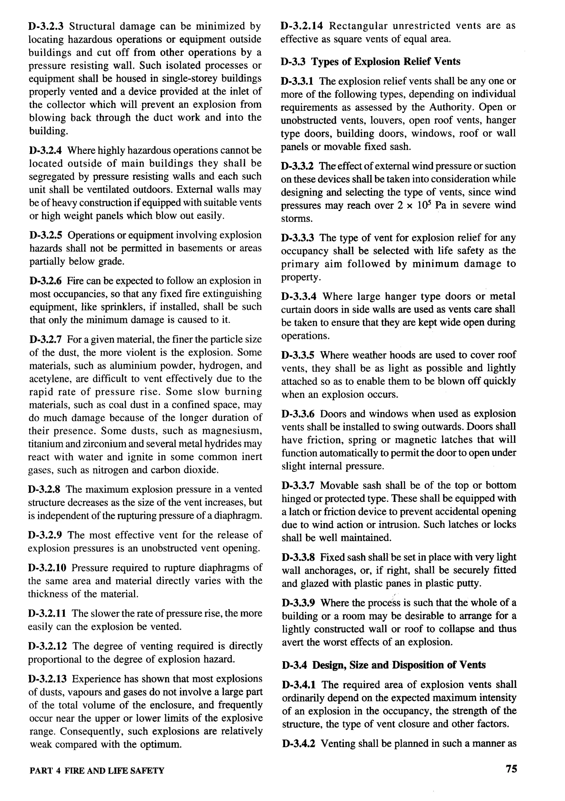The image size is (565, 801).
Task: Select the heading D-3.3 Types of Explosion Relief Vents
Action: tap(370, 62)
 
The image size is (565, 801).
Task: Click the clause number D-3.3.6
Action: tap(298, 414)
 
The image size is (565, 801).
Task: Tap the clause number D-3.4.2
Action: tap(299, 743)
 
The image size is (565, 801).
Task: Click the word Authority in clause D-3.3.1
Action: tap(452, 107)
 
